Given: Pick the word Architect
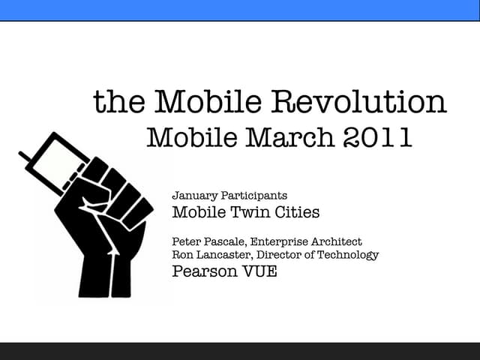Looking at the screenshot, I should point(335,241).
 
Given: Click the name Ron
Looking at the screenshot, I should point(182,255).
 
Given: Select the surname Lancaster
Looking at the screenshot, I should point(223,255).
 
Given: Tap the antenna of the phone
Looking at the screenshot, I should point(25,157).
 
